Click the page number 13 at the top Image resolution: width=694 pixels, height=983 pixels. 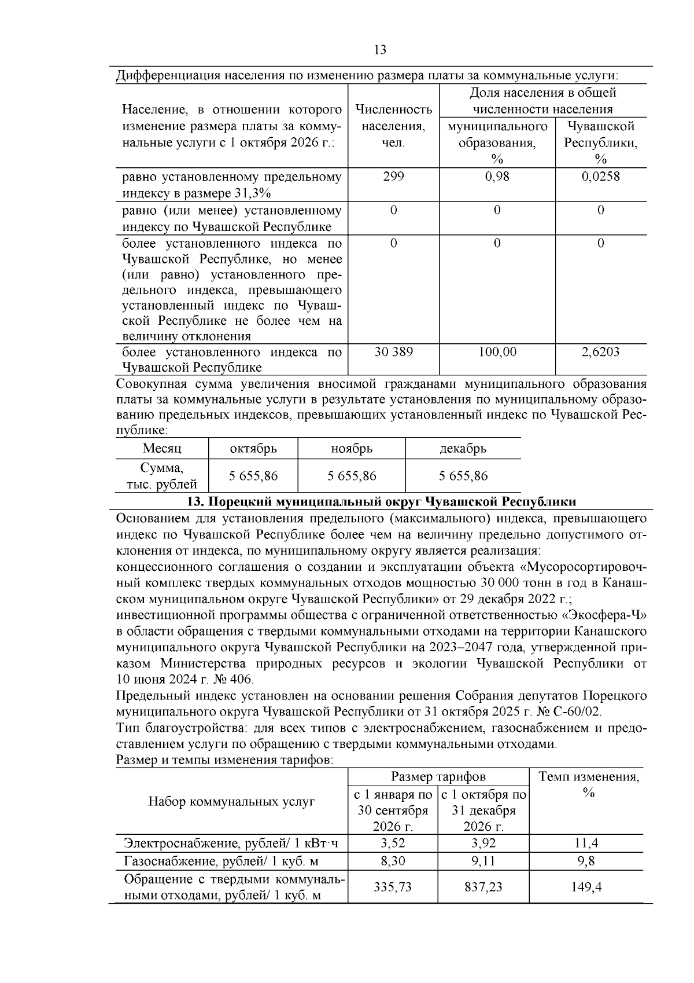tap(381, 50)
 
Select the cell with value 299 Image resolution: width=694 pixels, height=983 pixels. tap(393, 177)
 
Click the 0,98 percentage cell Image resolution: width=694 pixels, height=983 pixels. tap(497, 177)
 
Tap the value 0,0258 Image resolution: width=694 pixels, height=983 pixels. tap(600, 177)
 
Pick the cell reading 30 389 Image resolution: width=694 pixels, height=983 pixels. tap(393, 352)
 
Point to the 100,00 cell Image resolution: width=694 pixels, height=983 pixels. tap(497, 352)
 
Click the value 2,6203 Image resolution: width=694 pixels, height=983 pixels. tap(600, 352)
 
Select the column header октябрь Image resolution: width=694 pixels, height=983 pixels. tap(253, 449)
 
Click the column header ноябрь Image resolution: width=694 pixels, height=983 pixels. tap(352, 449)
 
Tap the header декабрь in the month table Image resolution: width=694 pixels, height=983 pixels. tap(463, 449)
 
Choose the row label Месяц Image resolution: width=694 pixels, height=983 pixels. tap(162, 449)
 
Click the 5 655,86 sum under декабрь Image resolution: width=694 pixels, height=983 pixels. tap(463, 476)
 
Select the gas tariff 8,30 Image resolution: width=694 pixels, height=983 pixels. tap(393, 861)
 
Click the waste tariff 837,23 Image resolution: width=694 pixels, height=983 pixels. tap(483, 887)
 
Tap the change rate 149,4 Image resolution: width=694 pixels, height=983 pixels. tap(586, 887)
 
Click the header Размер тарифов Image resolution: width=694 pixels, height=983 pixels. tap(438, 777)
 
